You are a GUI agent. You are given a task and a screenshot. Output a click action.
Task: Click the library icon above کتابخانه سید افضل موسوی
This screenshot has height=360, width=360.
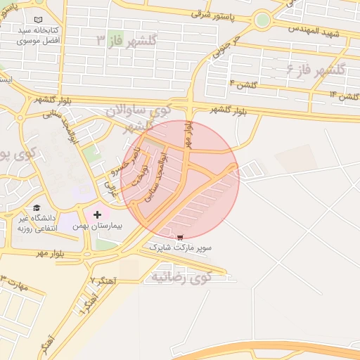pos(37,21)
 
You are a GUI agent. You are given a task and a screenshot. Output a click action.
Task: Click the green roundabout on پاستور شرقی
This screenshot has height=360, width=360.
pos(263,20)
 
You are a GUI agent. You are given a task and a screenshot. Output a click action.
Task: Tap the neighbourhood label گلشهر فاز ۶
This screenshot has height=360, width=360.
pos(316,70)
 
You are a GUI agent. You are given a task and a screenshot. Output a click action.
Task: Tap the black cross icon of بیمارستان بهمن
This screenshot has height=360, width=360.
pos(97,214)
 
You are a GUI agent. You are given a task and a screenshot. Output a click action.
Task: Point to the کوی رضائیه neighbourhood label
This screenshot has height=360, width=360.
pos(181,276)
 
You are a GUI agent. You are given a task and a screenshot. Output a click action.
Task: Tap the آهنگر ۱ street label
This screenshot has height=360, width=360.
pos(86,302)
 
